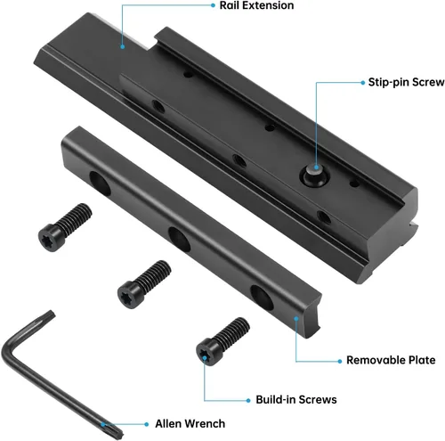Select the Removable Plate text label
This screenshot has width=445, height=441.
click(391, 361)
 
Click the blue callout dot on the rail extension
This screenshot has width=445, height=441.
click(120, 37)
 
